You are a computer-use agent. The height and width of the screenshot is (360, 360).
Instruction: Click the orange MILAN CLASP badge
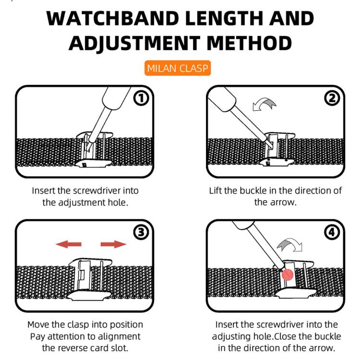pos(178,68)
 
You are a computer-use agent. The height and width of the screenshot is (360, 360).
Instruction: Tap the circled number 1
pos(141,98)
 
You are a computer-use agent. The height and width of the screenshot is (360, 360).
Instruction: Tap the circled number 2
pos(332,98)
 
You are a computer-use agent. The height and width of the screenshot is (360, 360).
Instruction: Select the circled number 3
pos(141,232)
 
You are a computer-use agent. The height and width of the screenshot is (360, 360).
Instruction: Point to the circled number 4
pos(332,232)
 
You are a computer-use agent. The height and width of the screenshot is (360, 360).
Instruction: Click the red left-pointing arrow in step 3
pos(69,244)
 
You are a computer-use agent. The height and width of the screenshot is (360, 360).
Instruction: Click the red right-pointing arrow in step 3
pos(113,244)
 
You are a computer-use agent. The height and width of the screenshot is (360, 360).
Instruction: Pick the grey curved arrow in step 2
pos(264,105)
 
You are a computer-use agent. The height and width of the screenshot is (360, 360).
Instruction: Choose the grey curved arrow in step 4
pos(290,245)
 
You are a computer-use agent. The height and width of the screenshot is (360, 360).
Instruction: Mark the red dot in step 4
pos(288,275)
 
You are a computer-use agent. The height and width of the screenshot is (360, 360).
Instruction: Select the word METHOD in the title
pos(249,43)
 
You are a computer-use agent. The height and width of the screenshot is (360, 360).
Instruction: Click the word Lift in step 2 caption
pos(215,191)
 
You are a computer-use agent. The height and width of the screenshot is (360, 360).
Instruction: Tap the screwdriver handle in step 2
pos(222,99)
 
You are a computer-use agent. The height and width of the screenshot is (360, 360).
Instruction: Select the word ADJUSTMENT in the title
pos(134,43)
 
